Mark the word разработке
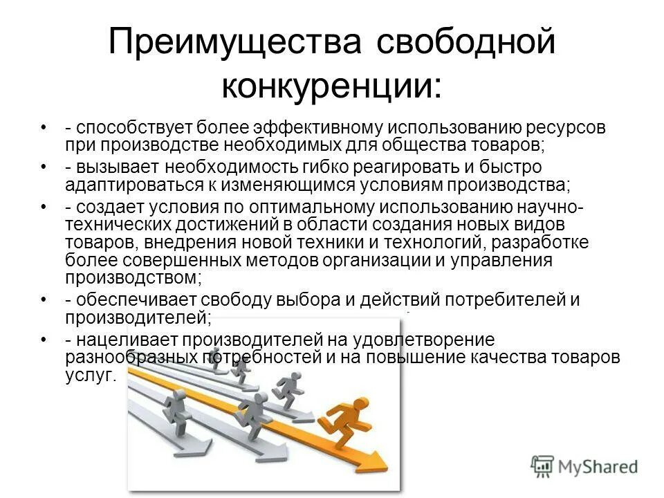tap(542, 243)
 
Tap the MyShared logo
tap(584, 466)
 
